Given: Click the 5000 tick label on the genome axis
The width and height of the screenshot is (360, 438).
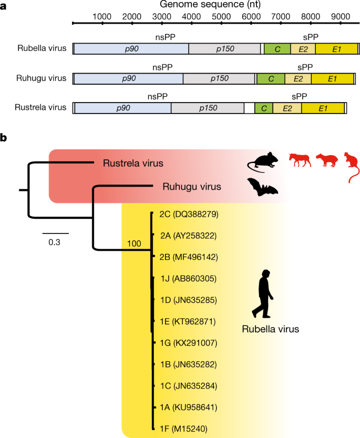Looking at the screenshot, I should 221,16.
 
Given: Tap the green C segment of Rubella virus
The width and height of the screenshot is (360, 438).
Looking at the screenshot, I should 274,48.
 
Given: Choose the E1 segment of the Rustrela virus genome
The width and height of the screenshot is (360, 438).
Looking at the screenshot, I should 323,108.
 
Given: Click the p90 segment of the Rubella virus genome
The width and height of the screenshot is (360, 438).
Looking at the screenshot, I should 131,48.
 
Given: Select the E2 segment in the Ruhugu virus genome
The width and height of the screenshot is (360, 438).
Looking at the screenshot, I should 298,78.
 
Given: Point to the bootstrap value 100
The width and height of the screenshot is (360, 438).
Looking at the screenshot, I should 135,243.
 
